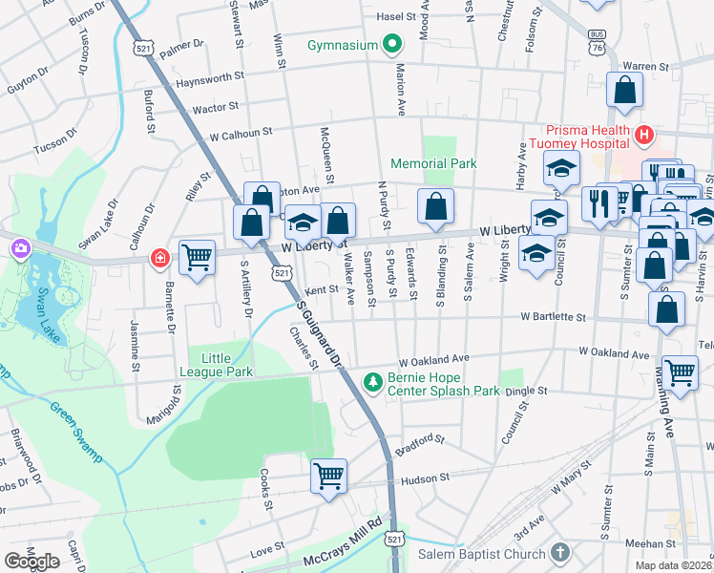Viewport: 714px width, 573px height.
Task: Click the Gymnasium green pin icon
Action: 390,45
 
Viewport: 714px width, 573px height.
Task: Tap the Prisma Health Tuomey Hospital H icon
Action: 644,137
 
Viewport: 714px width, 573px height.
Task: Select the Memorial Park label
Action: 433,163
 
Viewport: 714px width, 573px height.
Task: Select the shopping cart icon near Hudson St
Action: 328,474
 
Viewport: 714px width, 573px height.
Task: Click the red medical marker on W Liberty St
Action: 160,259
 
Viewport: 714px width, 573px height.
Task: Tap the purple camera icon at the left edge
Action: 20,248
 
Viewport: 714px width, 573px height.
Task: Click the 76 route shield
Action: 597,47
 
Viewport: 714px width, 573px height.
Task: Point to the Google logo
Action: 31,562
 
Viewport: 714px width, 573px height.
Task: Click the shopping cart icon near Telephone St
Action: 679,371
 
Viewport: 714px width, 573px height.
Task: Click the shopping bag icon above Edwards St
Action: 435,206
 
